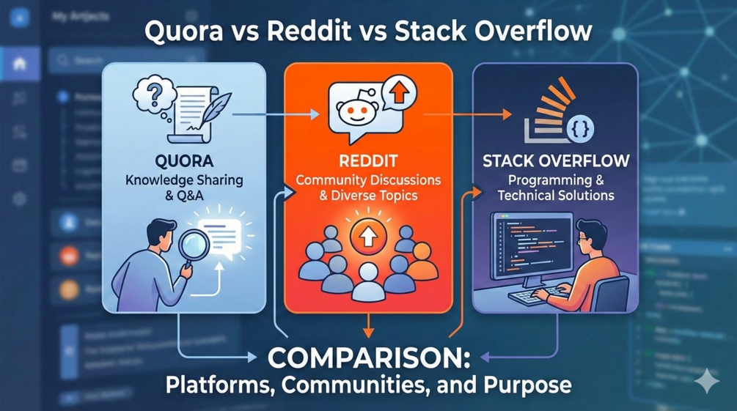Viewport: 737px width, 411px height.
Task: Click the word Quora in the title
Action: pos(179,34)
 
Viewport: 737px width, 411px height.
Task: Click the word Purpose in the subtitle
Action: pos(529,385)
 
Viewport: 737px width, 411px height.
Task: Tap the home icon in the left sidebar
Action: pos(20,64)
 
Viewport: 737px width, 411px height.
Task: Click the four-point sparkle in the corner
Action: pos(708,380)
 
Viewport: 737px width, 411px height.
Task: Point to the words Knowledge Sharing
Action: pos(183,181)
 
